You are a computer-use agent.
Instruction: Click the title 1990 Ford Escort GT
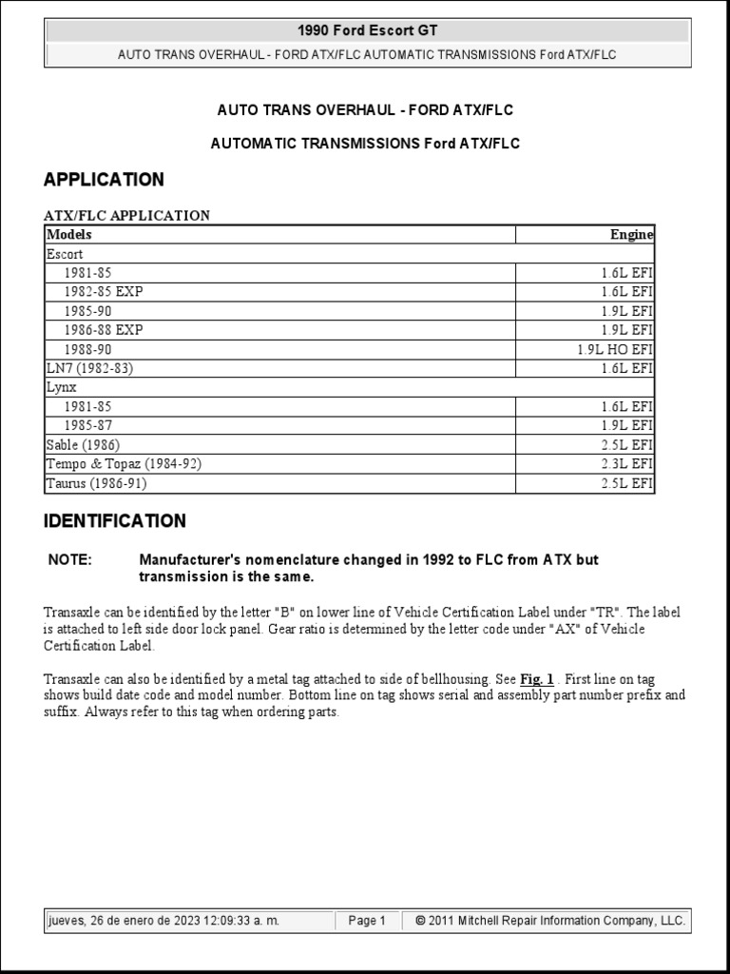pyautogui.click(x=368, y=31)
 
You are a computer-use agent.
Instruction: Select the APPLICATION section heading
pyautogui.click(x=104, y=179)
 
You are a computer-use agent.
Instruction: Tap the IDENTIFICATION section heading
pyautogui.click(x=115, y=521)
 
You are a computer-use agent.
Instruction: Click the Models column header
pyautogui.click(x=69, y=235)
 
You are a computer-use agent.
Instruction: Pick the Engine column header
pyautogui.click(x=631, y=235)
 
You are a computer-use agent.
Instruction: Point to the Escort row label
pyautogui.click(x=65, y=254)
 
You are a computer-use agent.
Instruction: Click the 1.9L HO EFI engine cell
pyautogui.click(x=614, y=349)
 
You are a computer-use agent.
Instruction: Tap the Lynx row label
pyautogui.click(x=61, y=387)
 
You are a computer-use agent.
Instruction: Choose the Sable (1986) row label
pyautogui.click(x=84, y=445)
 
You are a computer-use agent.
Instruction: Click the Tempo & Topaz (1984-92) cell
pyautogui.click(x=124, y=464)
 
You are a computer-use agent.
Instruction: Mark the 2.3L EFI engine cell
pyautogui.click(x=625, y=464)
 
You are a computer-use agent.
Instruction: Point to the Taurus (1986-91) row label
pyautogui.click(x=96, y=483)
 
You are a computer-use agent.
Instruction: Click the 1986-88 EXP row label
pyautogui.click(x=104, y=330)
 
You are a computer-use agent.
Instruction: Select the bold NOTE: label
pyautogui.click(x=70, y=559)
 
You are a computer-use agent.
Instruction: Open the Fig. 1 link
pyautogui.click(x=537, y=680)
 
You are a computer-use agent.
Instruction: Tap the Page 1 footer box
pyautogui.click(x=367, y=921)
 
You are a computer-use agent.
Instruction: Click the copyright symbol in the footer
pyautogui.click(x=420, y=921)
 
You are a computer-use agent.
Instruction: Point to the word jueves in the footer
pyautogui.click(x=67, y=921)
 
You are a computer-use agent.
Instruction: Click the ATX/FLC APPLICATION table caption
pyautogui.click(x=127, y=215)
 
